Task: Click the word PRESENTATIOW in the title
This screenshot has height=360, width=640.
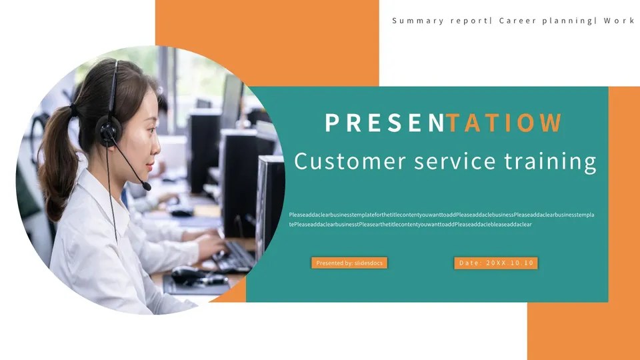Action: [443, 123]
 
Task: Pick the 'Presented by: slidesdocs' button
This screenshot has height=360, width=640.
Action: [349, 263]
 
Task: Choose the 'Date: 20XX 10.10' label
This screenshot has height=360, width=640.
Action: [496, 263]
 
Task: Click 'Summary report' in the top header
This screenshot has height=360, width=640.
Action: [440, 21]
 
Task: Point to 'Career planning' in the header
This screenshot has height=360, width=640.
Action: [545, 21]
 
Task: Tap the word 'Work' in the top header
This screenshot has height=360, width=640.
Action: [619, 21]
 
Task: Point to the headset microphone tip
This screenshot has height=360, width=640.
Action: [147, 187]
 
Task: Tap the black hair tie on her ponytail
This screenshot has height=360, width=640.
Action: [72, 111]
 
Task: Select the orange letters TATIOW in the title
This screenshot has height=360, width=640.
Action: [505, 123]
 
